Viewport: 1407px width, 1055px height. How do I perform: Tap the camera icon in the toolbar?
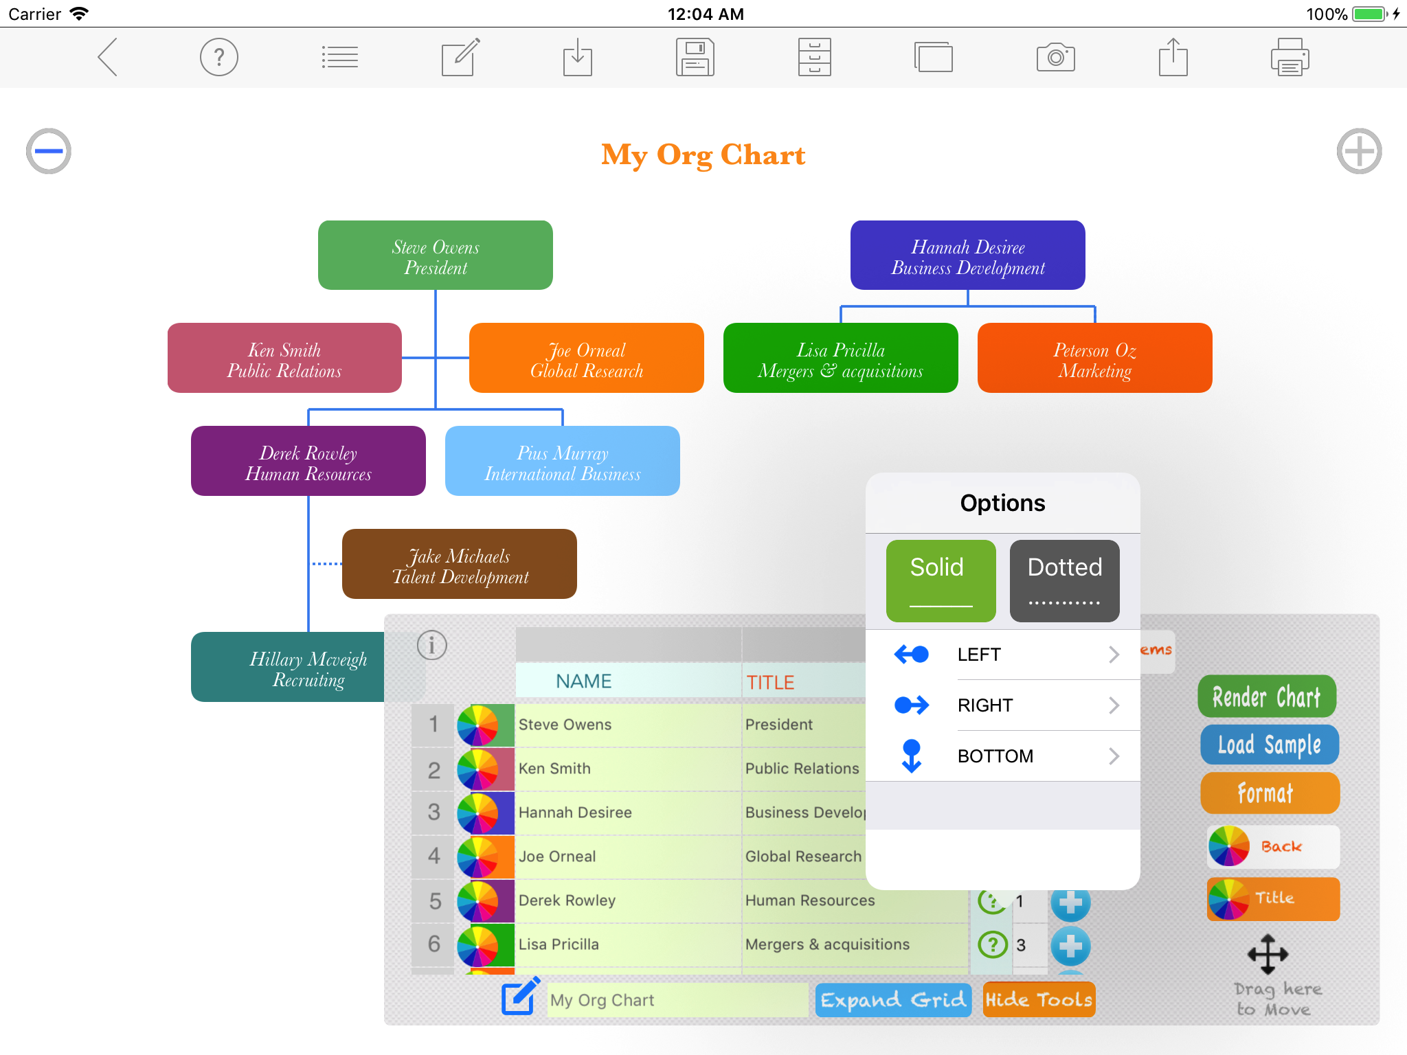1055,58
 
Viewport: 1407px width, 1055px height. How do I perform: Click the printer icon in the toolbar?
1290,58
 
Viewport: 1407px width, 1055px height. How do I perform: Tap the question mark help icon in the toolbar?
219,58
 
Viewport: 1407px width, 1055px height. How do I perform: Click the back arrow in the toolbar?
109,58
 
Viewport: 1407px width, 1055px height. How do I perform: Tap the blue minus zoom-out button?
49,151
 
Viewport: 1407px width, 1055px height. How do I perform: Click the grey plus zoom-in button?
1359,151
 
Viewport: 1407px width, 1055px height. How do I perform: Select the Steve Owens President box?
436,256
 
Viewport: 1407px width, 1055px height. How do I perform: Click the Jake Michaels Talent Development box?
460,565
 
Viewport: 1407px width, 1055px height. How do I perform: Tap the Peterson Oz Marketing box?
1094,359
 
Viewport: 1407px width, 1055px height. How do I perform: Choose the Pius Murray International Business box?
563,462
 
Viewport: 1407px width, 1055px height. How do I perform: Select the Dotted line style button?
1064,581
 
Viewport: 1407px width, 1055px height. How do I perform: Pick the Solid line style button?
941,581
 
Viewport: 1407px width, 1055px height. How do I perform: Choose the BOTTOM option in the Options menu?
1003,756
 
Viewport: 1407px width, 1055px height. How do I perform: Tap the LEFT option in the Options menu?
1003,655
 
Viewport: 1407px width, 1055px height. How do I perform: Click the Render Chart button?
1267,697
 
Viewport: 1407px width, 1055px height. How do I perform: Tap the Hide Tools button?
1039,999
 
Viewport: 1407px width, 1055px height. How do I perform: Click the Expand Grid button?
893,999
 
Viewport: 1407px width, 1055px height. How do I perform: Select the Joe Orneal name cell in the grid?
627,857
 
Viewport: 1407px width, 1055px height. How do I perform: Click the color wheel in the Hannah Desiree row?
478,813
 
